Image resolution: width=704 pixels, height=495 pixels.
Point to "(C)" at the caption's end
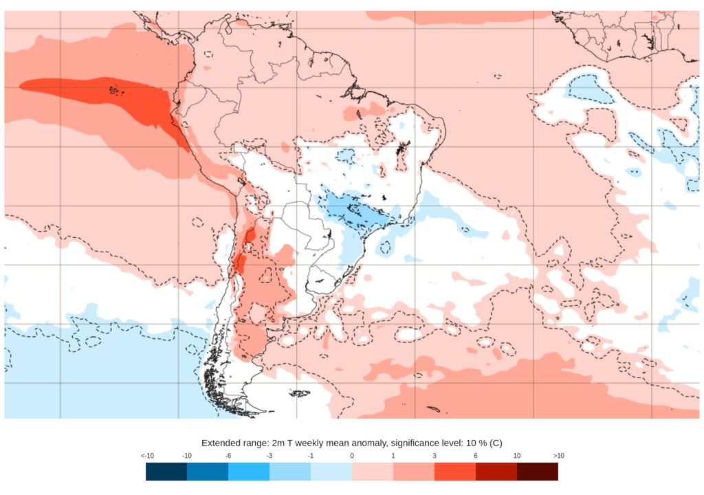point(496,443)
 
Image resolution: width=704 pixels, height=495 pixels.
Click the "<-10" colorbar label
point(146,456)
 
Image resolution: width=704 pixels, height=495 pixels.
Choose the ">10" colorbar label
point(558,456)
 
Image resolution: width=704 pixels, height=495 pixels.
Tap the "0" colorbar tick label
point(352,456)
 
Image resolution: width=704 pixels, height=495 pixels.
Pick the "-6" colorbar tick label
point(228,456)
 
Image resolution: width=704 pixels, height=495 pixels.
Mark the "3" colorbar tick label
point(434,456)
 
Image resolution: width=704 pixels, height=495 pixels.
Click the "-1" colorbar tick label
point(311,456)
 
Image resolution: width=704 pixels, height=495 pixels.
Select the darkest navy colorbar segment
point(166,472)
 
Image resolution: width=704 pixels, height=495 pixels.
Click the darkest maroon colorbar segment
point(538,472)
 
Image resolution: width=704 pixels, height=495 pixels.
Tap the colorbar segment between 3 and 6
point(455,472)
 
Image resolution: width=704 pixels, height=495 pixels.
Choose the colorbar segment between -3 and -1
point(290,472)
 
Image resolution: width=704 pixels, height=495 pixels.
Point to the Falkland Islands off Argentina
point(300,394)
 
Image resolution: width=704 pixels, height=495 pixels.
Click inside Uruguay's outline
point(322,280)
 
